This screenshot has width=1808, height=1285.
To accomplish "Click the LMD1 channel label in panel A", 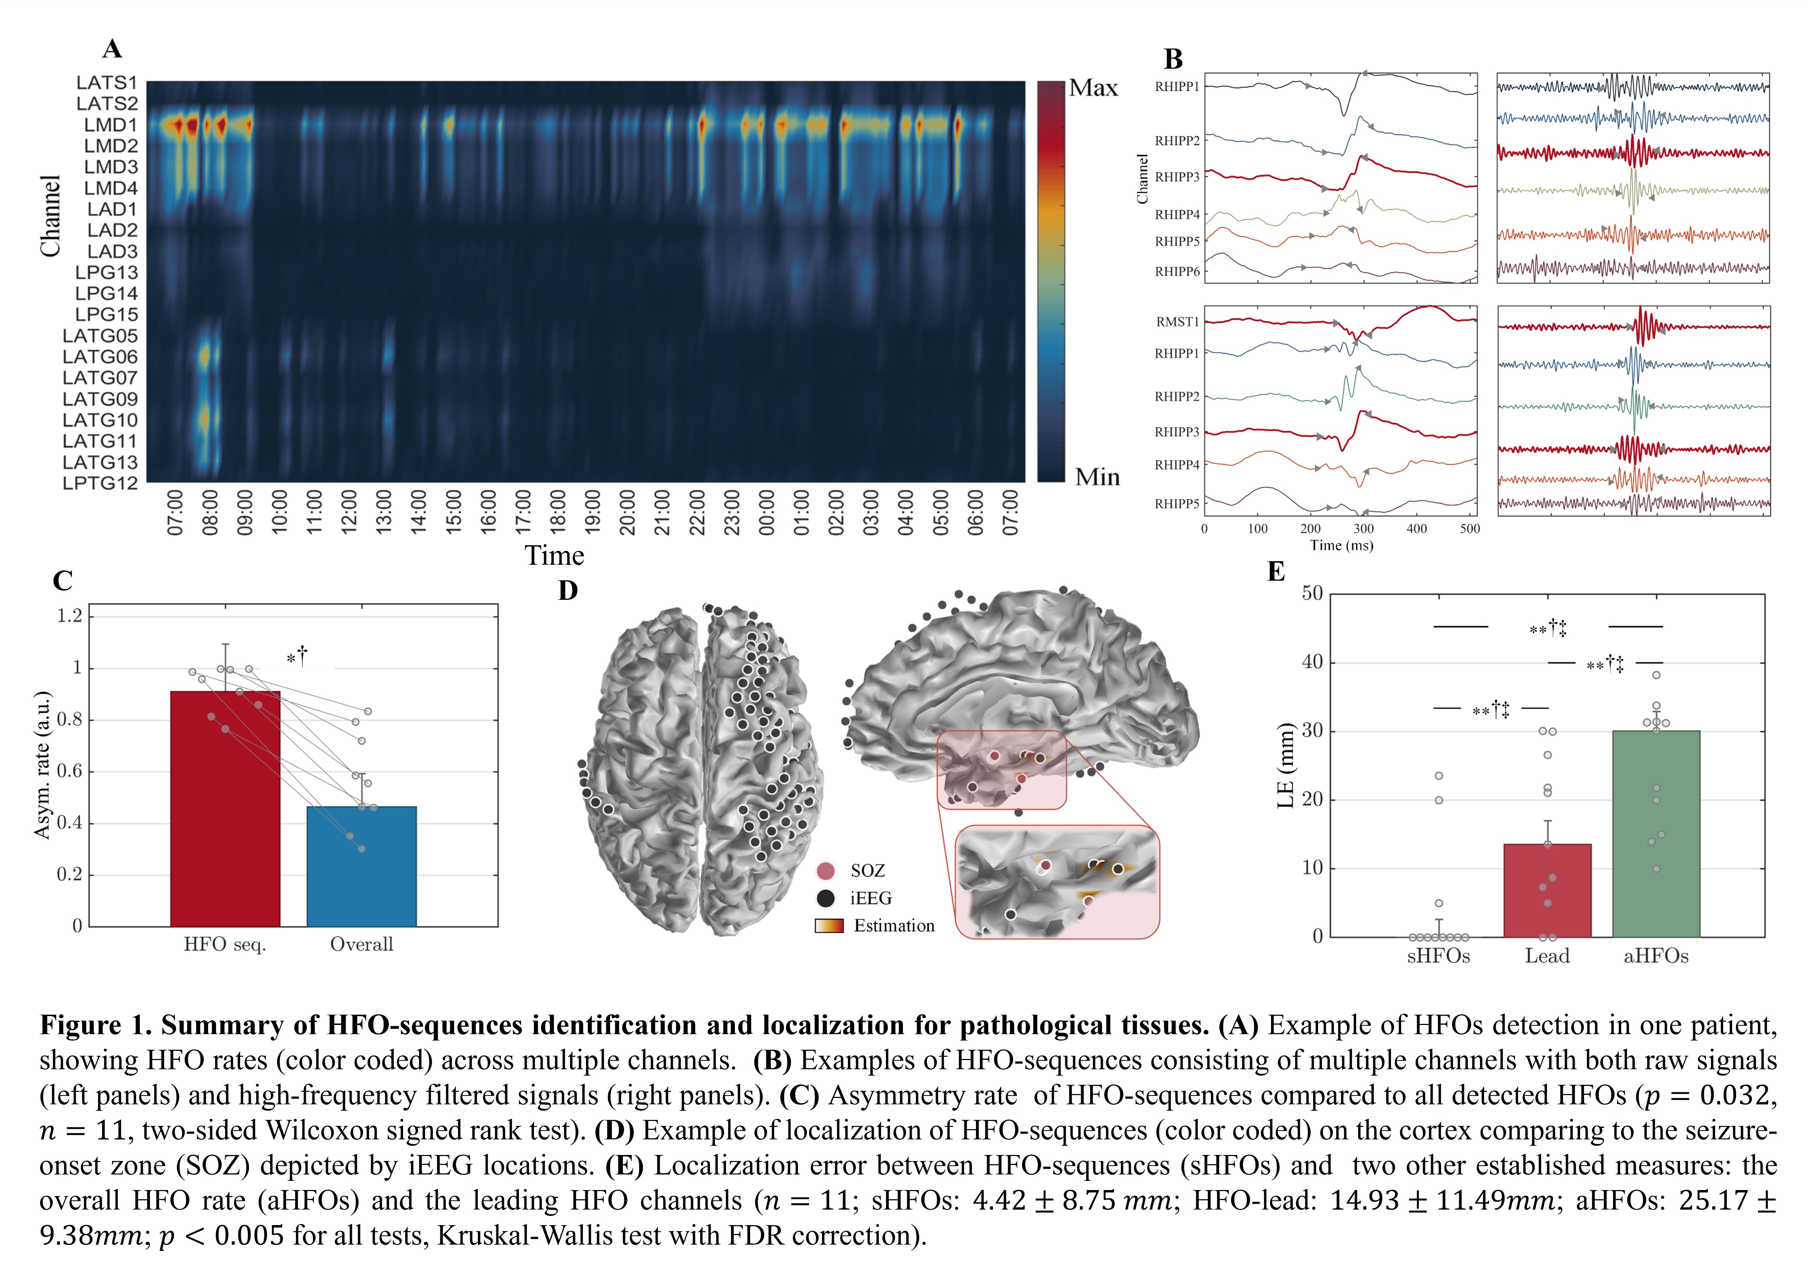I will tap(110, 125).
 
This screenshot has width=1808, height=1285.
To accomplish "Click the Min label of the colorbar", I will tap(1097, 477).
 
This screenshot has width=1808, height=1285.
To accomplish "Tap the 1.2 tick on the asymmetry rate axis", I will tap(69, 616).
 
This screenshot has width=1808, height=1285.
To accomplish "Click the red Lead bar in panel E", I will tap(1547, 890).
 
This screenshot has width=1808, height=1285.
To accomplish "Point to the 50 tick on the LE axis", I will tap(1312, 593).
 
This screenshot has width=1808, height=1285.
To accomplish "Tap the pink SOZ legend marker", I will tap(826, 871).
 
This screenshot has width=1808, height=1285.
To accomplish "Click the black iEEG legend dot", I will tap(826, 898).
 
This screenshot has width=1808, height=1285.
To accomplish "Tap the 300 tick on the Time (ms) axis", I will tap(1363, 529).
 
